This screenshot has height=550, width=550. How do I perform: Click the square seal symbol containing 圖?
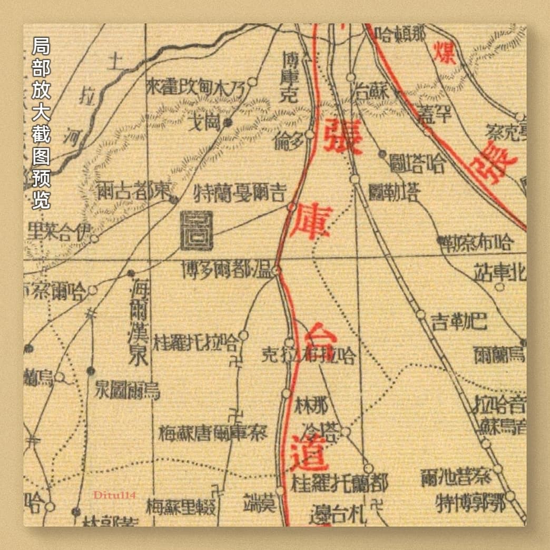[197, 230]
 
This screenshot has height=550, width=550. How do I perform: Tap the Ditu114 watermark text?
[115, 495]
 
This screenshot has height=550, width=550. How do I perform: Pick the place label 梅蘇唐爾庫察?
[213, 433]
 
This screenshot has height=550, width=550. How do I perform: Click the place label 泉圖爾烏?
[127, 390]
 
